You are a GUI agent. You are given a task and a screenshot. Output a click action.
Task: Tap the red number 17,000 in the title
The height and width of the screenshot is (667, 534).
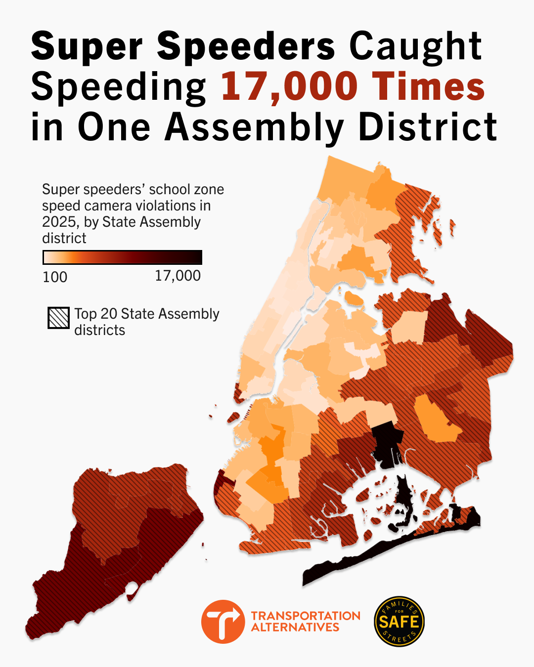pyautogui.click(x=289, y=87)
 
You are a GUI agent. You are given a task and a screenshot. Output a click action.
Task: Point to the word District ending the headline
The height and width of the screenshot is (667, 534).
pyautogui.click(x=427, y=127)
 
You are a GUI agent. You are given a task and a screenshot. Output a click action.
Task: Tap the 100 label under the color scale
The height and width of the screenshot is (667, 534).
pyautogui.click(x=55, y=277)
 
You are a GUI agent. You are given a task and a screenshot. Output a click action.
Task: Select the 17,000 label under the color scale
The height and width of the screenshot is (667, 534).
pyautogui.click(x=178, y=276)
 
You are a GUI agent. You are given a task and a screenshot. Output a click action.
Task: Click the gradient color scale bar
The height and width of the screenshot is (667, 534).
pyautogui.click(x=122, y=257)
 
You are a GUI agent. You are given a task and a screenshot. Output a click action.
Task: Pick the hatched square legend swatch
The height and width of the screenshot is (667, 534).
pyautogui.click(x=58, y=318)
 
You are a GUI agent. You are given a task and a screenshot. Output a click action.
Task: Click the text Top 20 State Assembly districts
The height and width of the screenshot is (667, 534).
pyautogui.click(x=147, y=322)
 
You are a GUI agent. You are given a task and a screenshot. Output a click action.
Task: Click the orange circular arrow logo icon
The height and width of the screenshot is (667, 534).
pyautogui.click(x=223, y=622)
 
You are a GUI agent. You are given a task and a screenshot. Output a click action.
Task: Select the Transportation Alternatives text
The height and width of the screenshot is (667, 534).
pyautogui.click(x=306, y=622)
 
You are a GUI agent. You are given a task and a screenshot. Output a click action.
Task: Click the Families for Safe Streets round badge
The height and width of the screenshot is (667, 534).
pyautogui.click(x=399, y=622)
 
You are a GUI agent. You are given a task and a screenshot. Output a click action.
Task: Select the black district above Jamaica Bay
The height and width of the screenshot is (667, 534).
pyautogui.click(x=387, y=442)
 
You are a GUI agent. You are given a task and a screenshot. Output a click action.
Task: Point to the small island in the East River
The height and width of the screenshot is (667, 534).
pyautogui.click(x=353, y=298)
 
